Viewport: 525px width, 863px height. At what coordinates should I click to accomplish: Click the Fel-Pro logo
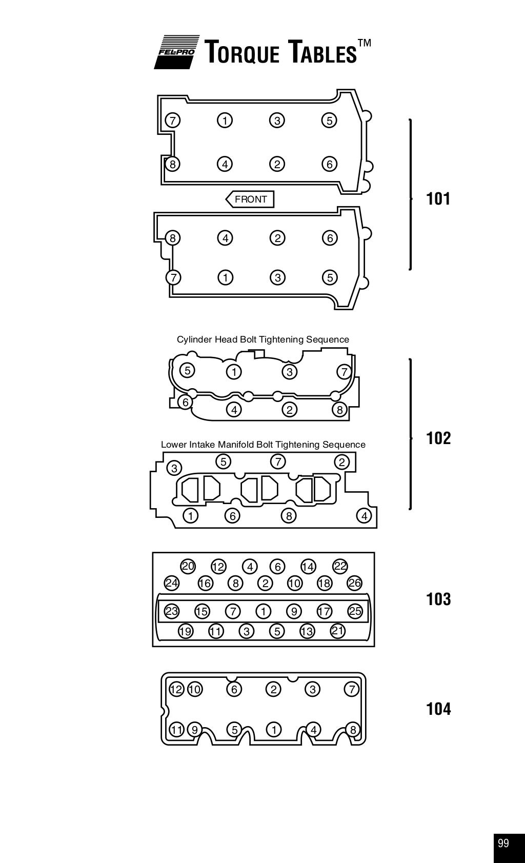[x=176, y=52]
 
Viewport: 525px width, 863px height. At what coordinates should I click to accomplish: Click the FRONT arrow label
[x=250, y=199]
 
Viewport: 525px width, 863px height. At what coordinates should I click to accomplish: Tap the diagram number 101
[x=438, y=198]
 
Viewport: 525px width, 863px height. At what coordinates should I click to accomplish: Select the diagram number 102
[x=438, y=438]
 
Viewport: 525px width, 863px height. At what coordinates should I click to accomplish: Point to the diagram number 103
[x=438, y=599]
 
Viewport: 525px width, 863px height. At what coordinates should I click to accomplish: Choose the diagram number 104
[x=438, y=709]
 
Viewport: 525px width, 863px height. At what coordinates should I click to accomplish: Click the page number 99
[x=503, y=844]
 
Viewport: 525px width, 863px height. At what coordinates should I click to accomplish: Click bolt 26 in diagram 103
[x=354, y=583]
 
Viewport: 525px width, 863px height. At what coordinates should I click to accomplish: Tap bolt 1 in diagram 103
[x=263, y=611]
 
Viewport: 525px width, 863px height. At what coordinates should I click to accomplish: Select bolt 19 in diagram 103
[x=185, y=631]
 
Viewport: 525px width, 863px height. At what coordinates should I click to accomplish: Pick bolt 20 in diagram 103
[x=188, y=566]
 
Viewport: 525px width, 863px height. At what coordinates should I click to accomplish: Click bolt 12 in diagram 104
[x=176, y=689]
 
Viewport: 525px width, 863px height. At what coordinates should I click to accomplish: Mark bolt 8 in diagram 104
[x=352, y=730]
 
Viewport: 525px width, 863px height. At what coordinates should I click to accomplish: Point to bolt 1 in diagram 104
[x=274, y=729]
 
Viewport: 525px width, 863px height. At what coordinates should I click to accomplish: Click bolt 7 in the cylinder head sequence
[x=344, y=372]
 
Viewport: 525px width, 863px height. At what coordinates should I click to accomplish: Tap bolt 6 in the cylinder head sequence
[x=186, y=403]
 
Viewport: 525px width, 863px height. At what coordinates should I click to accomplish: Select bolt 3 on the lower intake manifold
[x=175, y=468]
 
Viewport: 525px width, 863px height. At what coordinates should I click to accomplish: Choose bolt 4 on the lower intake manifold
[x=365, y=516]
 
